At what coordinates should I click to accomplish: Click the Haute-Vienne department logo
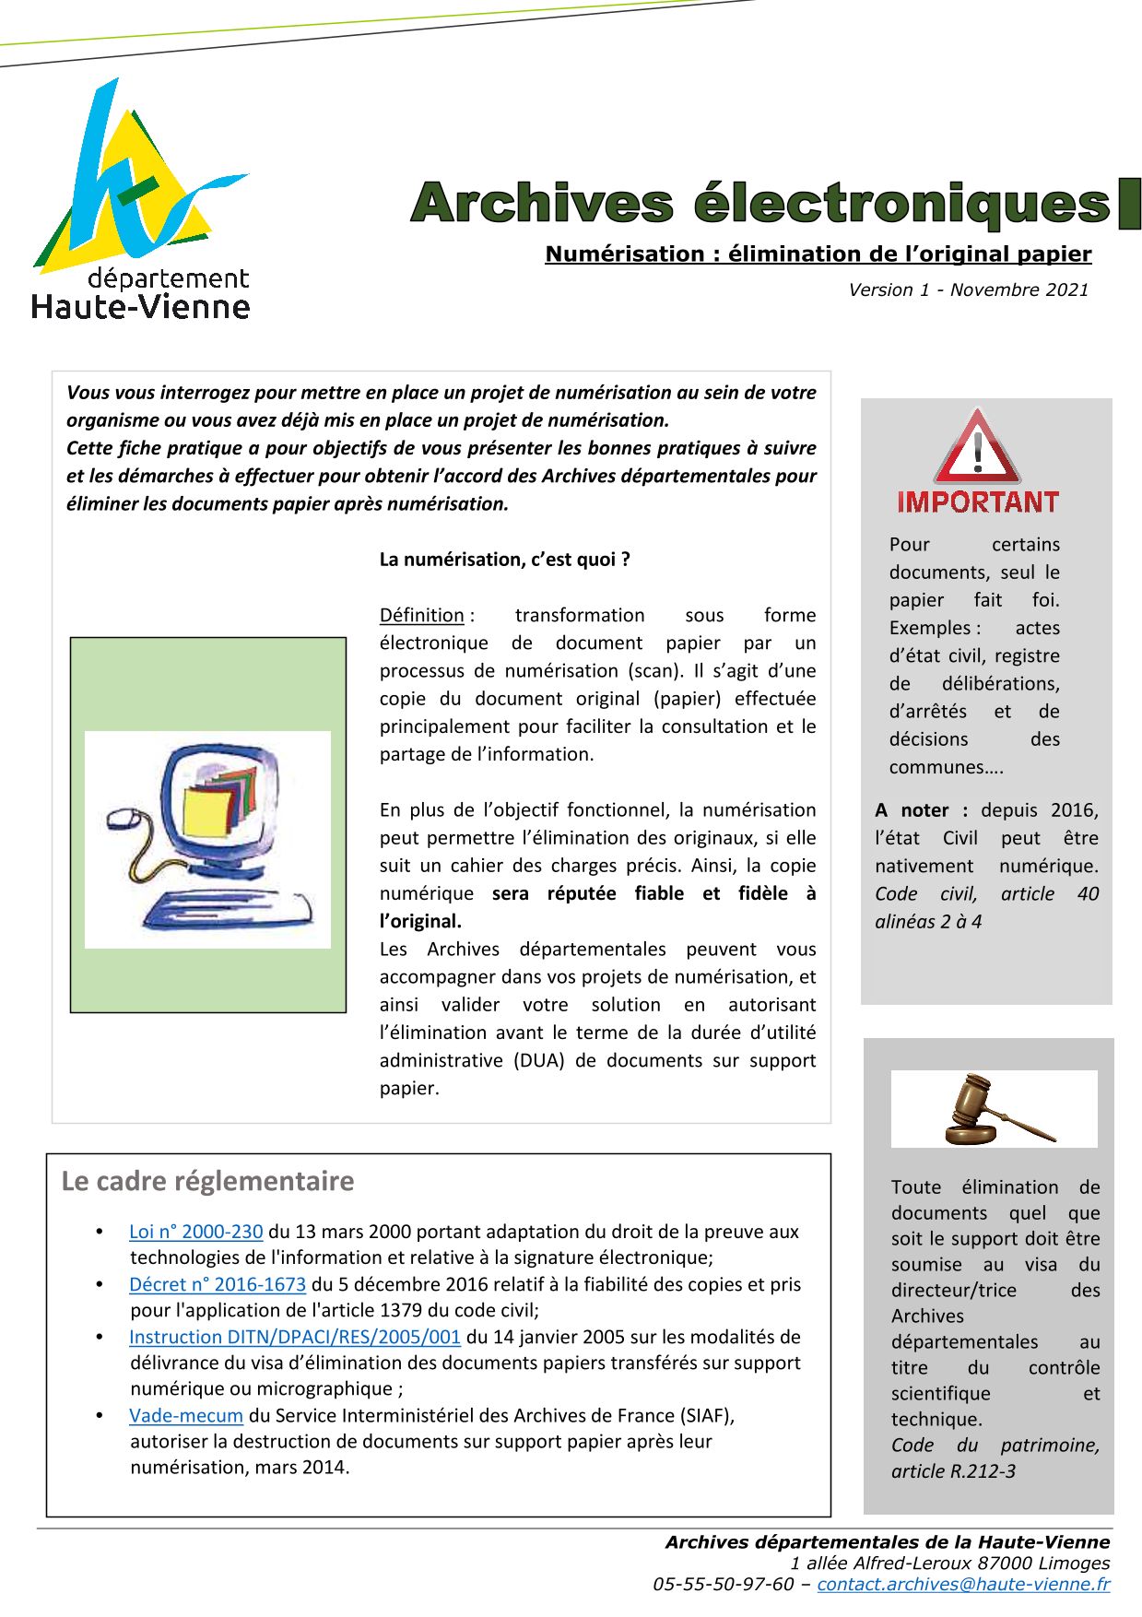click(x=140, y=198)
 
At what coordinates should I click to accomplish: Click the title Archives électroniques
click(x=761, y=203)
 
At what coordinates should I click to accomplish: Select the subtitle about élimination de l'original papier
click(x=818, y=254)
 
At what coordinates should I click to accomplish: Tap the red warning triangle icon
click(x=977, y=449)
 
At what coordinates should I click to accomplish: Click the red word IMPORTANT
click(x=978, y=502)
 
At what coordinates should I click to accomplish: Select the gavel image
click(x=994, y=1108)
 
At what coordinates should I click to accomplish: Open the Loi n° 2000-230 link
click(x=196, y=1232)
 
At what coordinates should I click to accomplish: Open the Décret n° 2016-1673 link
click(x=218, y=1284)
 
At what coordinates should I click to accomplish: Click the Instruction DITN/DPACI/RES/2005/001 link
click(x=295, y=1337)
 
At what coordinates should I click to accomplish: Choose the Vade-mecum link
click(x=186, y=1415)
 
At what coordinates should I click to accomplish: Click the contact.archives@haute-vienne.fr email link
click(x=963, y=1584)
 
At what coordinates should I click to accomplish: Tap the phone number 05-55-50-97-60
click(x=724, y=1584)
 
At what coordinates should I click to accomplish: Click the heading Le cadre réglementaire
click(x=207, y=1181)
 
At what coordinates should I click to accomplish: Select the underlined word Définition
click(x=422, y=615)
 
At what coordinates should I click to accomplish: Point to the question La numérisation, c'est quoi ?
click(x=505, y=560)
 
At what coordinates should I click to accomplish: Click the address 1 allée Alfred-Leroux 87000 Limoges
click(x=949, y=1563)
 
